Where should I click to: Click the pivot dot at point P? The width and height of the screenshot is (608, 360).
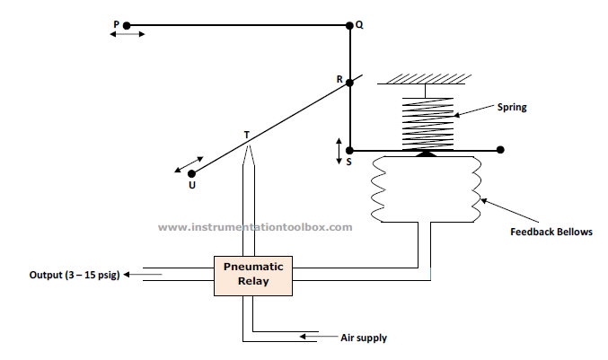pos(127,25)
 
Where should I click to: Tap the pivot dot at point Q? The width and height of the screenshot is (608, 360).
pos(349,25)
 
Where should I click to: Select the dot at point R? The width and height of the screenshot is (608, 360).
pos(349,83)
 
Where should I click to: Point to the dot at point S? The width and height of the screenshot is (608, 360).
pos(349,150)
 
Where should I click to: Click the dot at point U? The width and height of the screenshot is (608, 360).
pos(191,173)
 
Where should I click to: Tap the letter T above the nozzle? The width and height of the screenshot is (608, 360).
pos(247,135)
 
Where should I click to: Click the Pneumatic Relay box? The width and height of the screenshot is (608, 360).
pos(253,276)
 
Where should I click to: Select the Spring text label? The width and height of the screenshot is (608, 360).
pos(512,107)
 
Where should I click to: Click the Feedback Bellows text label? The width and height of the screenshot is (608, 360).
pos(551,232)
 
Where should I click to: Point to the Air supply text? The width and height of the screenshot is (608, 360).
pos(364,338)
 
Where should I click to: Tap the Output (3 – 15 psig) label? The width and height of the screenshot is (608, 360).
pos(75,275)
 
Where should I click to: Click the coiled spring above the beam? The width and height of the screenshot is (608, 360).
pos(427,124)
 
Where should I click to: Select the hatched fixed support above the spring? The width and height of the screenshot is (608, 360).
pos(425,79)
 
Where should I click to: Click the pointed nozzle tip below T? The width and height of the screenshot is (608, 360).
pos(249,145)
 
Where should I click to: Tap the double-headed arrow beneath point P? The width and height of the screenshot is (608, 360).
pos(128,34)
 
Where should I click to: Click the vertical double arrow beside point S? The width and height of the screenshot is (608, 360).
pos(339,151)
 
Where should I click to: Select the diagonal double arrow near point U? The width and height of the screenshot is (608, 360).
pos(189,164)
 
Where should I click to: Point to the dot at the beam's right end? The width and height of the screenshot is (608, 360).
pos(500,150)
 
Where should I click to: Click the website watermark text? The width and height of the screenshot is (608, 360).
pos(255,227)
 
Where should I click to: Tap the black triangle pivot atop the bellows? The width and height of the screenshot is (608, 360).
pos(427,154)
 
